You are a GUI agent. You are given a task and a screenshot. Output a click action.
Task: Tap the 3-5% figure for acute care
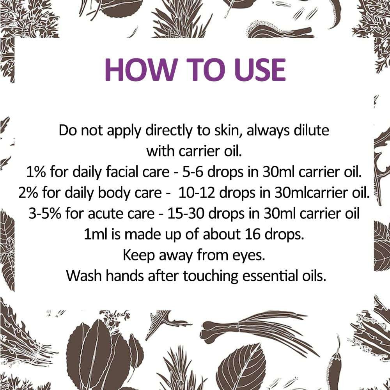[45, 214]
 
